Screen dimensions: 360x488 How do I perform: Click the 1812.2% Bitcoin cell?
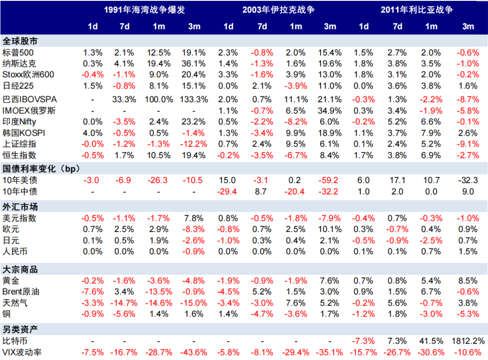coord(465,341)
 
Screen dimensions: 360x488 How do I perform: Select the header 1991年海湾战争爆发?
coord(144,9)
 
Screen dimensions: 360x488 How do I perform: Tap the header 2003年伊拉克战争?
coord(278,9)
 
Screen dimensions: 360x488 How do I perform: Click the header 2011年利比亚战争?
coord(416,9)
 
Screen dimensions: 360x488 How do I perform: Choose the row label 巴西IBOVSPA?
coord(30,99)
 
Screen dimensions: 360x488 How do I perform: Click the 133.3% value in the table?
coord(194,99)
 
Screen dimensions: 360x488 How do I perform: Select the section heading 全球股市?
coord(20,41)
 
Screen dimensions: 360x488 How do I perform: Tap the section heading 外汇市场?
coord(20,207)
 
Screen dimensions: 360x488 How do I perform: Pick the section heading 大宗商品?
coord(20,270)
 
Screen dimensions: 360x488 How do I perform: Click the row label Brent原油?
coord(21,292)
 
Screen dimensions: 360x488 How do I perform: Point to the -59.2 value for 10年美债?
coord(330,180)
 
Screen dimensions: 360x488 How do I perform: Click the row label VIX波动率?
coord(22,352)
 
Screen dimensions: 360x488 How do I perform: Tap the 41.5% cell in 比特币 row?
coord(431,341)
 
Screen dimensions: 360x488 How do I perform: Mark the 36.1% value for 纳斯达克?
coord(194,63)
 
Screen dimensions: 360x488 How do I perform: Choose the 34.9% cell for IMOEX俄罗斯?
coord(330,110)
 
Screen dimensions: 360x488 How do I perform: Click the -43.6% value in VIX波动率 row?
coord(194,352)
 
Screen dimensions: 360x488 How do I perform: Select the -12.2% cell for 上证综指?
coord(194,144)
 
